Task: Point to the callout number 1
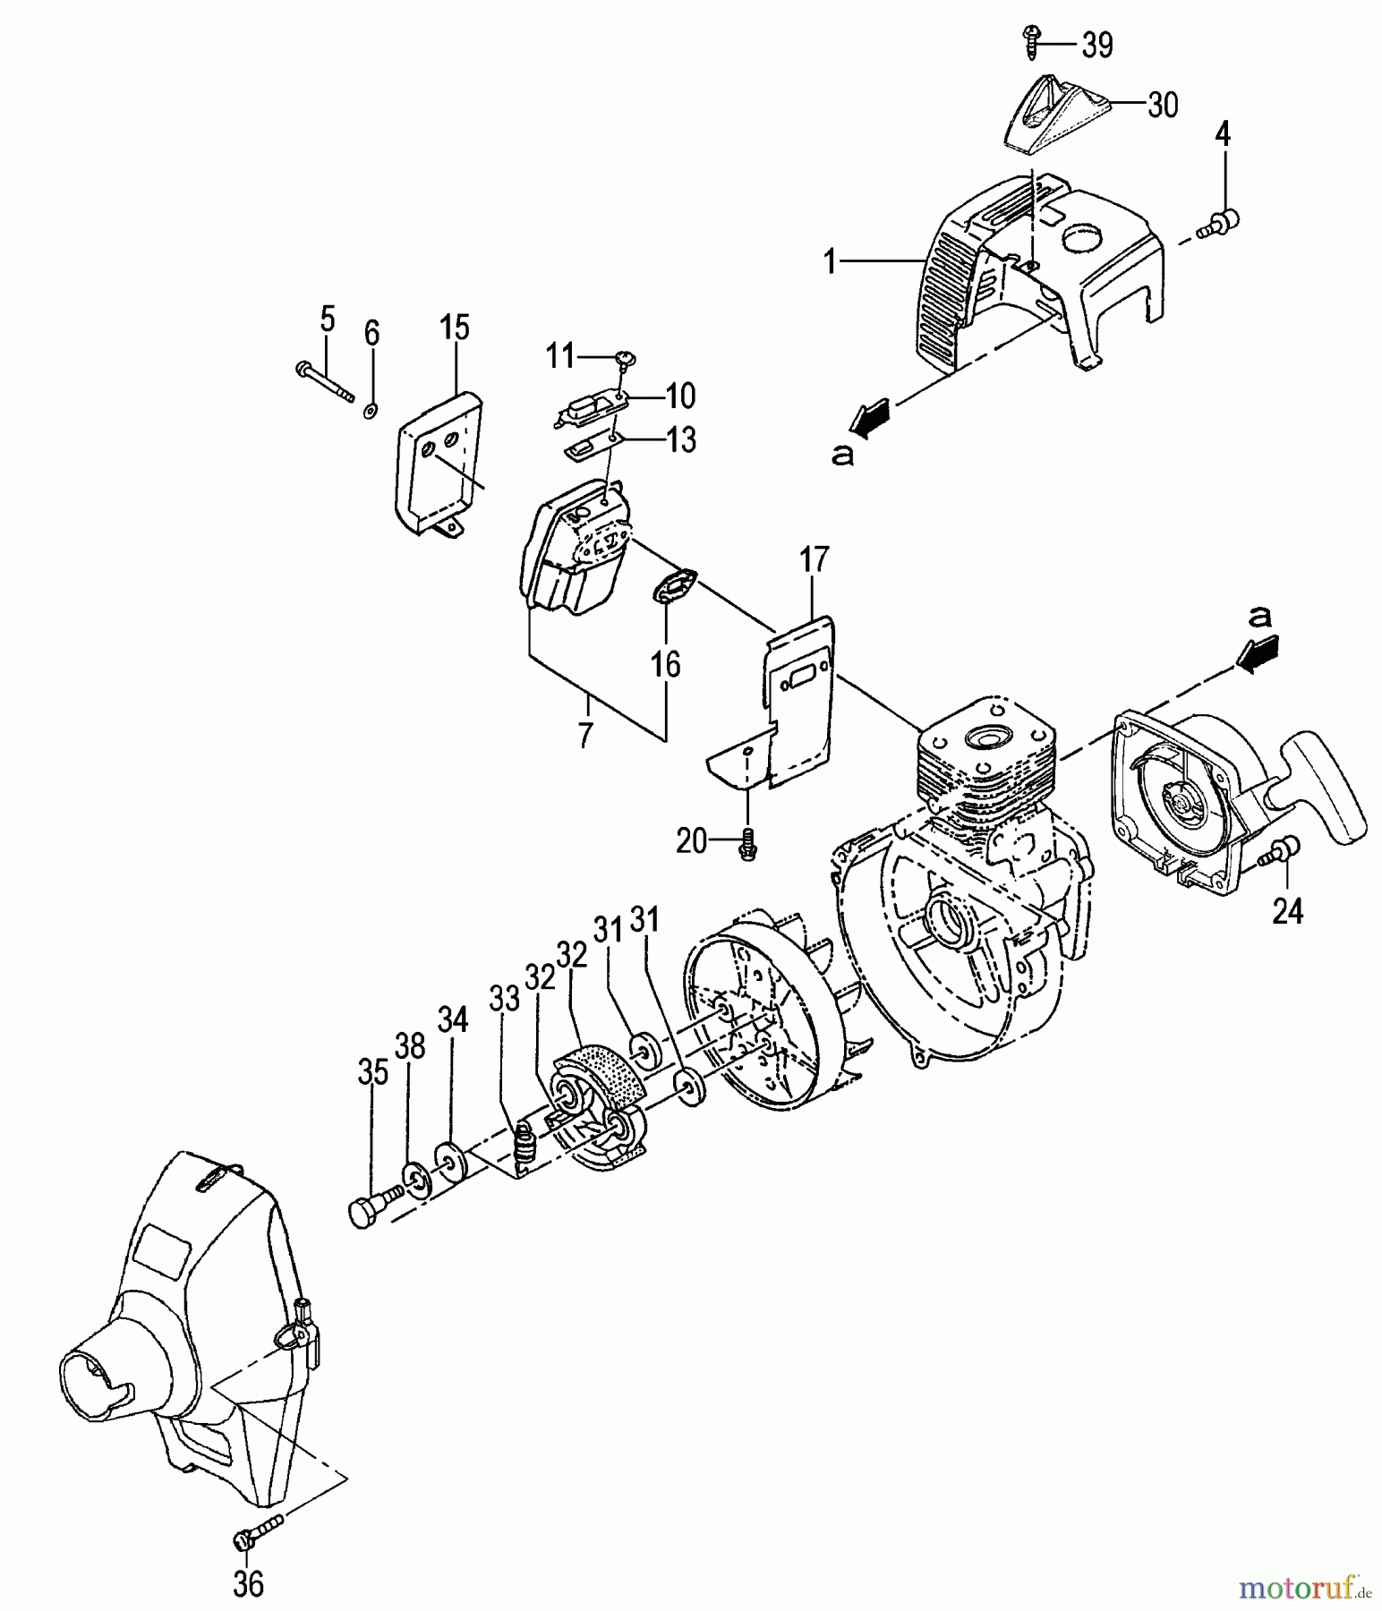(x=831, y=262)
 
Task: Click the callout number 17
(x=814, y=561)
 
